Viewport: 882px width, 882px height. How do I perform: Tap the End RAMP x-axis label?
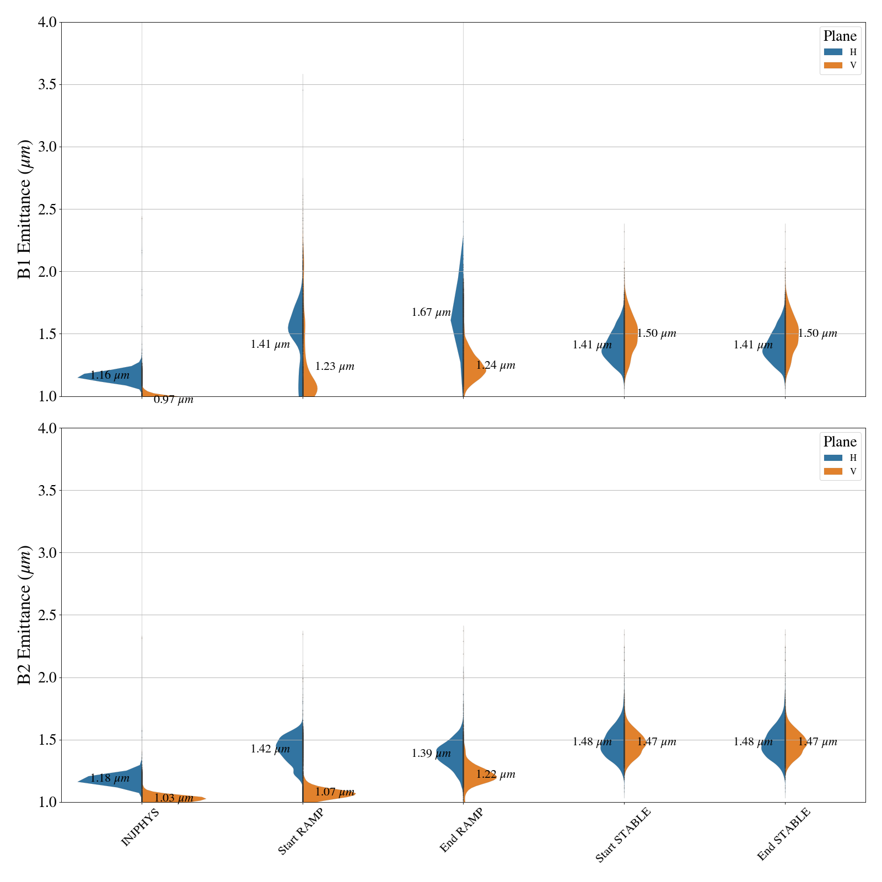[x=461, y=830]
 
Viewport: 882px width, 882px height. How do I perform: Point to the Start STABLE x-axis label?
[x=623, y=835]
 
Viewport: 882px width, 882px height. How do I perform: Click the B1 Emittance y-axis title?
[x=25, y=209]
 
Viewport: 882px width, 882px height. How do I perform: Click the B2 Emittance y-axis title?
[x=25, y=615]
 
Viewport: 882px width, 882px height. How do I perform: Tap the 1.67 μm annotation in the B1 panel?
[x=431, y=313]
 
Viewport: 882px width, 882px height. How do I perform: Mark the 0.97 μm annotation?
[x=174, y=400]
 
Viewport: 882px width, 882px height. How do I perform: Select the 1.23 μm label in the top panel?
[x=335, y=367]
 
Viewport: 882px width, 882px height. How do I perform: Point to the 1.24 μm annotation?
[x=496, y=365]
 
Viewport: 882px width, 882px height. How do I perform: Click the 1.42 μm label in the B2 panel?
[x=270, y=749]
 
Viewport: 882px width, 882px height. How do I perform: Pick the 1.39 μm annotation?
[x=431, y=753]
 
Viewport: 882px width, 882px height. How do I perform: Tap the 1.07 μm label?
[x=335, y=792]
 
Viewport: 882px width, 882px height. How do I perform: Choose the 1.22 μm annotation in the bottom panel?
[x=496, y=774]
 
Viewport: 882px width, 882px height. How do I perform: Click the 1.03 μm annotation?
[x=174, y=798]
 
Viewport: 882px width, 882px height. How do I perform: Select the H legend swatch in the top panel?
[x=833, y=52]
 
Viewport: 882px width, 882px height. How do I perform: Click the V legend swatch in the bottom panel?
[x=833, y=471]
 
